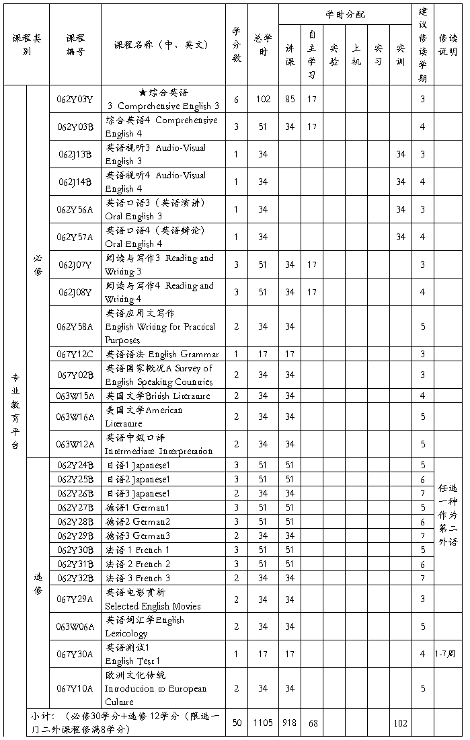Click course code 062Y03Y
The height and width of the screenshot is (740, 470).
(75, 99)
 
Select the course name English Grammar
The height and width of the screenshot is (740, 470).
(162, 354)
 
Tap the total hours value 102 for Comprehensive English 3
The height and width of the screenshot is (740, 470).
(263, 99)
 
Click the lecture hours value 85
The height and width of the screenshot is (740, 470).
(289, 99)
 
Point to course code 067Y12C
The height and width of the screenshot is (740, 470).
(75, 354)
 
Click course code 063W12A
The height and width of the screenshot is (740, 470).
(75, 444)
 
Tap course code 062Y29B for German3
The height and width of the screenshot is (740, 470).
(75, 535)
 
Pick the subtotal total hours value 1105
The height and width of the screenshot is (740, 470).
(263, 723)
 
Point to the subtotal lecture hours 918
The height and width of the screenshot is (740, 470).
(289, 723)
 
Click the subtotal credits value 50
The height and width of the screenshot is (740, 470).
(237, 723)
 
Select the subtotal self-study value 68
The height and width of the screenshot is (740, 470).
(312, 723)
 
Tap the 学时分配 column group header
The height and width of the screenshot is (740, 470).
(345, 14)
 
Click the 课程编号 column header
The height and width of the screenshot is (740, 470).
(75, 44)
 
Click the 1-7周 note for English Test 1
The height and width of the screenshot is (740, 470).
(448, 653)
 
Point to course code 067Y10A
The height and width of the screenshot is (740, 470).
(75, 688)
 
